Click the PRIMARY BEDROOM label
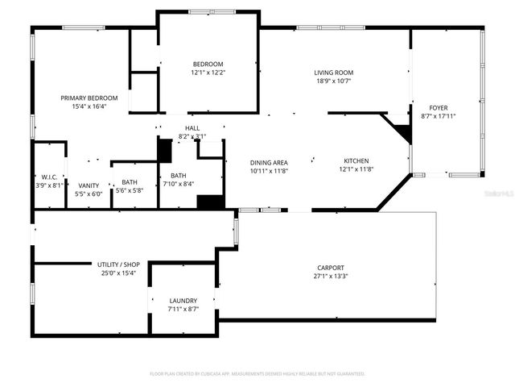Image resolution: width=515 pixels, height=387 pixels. pos(95,98)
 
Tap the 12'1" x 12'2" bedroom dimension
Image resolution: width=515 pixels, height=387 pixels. pos(208,73)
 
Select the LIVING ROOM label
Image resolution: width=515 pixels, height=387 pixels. pos(333,73)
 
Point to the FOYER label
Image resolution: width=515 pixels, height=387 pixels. pos(438,107)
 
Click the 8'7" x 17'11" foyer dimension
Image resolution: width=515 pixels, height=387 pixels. pos(438,115)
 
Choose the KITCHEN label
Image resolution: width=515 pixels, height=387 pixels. pos(356,161)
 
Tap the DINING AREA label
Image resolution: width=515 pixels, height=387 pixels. pos(269,161)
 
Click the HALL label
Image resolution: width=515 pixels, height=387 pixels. pos(192,128)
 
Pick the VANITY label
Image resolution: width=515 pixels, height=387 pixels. pos(89,185)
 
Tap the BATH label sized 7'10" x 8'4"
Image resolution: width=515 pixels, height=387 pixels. pos(178,175)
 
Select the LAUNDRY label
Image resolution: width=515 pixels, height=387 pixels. pos(182,301)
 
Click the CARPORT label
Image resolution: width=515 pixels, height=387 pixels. pos(331,268)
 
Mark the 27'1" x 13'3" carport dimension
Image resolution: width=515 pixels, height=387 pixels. pos(331,276)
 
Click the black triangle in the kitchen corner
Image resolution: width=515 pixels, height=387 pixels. pos(399,129)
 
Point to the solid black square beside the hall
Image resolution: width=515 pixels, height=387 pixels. pos(165,151)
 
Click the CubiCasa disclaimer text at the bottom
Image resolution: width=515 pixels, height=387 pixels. pos(257,374)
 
